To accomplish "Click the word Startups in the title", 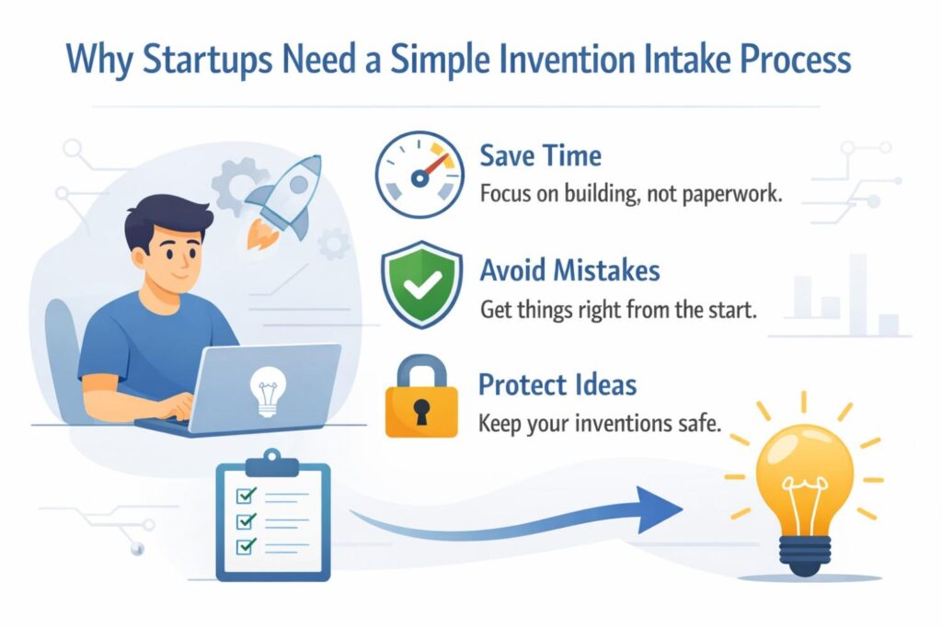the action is pyautogui.click(x=208, y=60).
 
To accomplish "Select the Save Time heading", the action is pyautogui.click(x=540, y=156).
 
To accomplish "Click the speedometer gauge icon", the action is pyautogui.click(x=419, y=174).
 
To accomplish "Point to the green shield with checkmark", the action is pyautogui.click(x=421, y=285).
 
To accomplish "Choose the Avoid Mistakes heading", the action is pyautogui.click(x=569, y=270).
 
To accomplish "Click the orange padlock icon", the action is pyautogui.click(x=421, y=396).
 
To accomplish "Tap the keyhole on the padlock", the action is pyautogui.click(x=421, y=411).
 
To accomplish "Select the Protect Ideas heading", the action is pyautogui.click(x=557, y=385).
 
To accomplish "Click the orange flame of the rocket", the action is pyautogui.click(x=261, y=234).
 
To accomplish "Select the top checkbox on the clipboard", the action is pyautogui.click(x=247, y=496).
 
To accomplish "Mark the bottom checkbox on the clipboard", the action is pyautogui.click(x=247, y=546).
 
